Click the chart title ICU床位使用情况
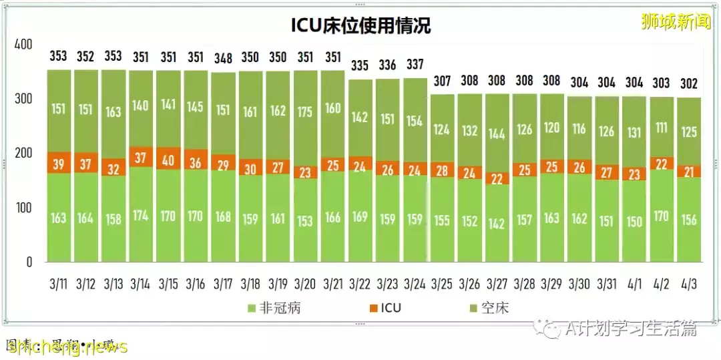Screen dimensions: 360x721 tap(361, 25)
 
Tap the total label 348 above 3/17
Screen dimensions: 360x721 tap(223, 57)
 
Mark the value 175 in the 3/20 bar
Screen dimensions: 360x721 tap(305, 112)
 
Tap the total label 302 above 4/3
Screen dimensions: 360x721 tap(689, 83)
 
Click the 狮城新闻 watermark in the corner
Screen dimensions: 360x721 tap(676, 22)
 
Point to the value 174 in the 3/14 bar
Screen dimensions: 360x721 tap(141, 216)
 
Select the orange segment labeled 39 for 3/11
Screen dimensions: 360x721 tap(59, 164)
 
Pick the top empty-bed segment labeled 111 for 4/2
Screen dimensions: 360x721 tap(662, 128)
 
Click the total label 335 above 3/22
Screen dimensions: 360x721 tap(360, 65)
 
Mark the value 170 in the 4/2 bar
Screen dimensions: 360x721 tap(662, 216)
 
